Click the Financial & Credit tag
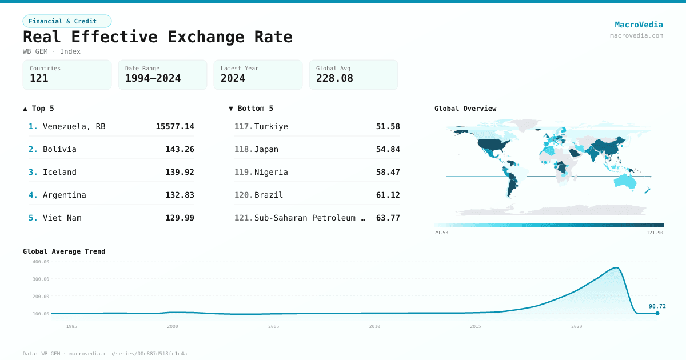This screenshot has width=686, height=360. [x=67, y=21]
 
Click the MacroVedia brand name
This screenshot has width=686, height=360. [x=639, y=25]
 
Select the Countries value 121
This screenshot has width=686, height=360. [x=39, y=78]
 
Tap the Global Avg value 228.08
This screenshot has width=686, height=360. [x=334, y=78]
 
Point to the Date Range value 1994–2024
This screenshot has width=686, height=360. [x=153, y=78]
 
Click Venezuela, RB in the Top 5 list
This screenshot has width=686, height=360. [x=74, y=126]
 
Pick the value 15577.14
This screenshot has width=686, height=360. [x=175, y=126]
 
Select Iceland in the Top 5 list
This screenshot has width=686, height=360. [x=59, y=172]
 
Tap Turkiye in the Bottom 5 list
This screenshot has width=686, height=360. [x=271, y=126]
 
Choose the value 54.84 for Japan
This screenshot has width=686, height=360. [x=388, y=149]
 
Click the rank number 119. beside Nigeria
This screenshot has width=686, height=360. [x=243, y=172]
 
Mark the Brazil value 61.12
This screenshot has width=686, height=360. [x=388, y=195]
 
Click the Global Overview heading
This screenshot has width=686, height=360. [x=465, y=109]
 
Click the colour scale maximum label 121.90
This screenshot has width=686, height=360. [x=655, y=233]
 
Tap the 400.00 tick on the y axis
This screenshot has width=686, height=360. [x=41, y=262]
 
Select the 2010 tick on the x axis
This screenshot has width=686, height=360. [x=374, y=326]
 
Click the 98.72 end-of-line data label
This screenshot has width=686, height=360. [x=657, y=306]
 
